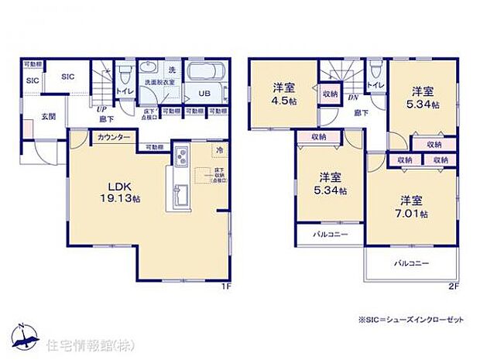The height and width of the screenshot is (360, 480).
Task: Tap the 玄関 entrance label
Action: click(x=50, y=116)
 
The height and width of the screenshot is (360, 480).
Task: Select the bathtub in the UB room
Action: click(x=205, y=74)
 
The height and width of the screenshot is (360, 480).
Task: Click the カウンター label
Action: click(x=113, y=137)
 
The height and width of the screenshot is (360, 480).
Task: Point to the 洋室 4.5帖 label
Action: click(x=283, y=93)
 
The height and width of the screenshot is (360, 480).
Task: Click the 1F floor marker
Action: click(x=225, y=286)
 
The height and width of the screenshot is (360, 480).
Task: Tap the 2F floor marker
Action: click(x=455, y=286)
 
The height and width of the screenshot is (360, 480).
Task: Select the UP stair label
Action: click(x=101, y=110)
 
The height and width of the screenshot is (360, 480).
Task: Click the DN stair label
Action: click(x=352, y=98)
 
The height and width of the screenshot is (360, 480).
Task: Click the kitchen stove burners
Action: click(x=180, y=157)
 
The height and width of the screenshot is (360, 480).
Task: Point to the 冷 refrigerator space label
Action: click(x=219, y=149)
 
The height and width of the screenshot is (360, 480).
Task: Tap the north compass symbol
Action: click(x=26, y=335)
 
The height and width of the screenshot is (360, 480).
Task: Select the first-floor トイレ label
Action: click(x=124, y=91)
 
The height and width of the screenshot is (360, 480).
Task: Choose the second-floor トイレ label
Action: click(x=375, y=86)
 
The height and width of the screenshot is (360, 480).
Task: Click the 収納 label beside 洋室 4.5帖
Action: click(x=328, y=94)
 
